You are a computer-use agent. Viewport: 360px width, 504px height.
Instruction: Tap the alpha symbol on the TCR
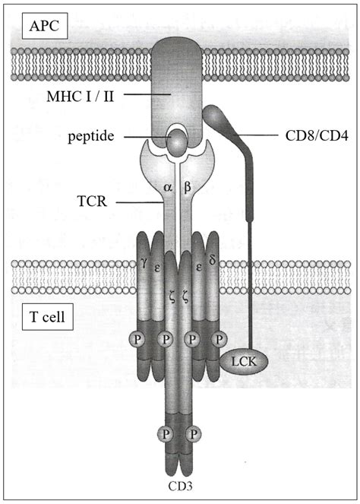coord(168,186)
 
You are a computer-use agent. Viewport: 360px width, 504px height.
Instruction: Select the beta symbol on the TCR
coord(188,186)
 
